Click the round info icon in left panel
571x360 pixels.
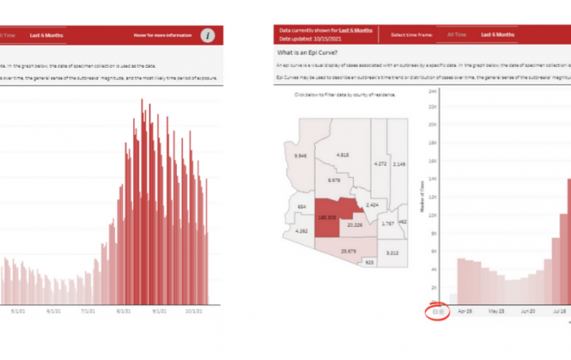[x=209, y=35]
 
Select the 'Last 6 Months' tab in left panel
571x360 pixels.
[x=46, y=35]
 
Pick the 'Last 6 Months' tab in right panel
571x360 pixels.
[x=497, y=34]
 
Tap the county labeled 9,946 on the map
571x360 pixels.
[x=300, y=155]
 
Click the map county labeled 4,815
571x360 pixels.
[x=343, y=154]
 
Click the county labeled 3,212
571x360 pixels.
[x=392, y=252]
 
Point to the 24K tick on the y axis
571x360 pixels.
[x=435, y=91]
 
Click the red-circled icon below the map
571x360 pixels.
[x=437, y=312]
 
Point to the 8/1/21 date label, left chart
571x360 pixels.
[x=124, y=311]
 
